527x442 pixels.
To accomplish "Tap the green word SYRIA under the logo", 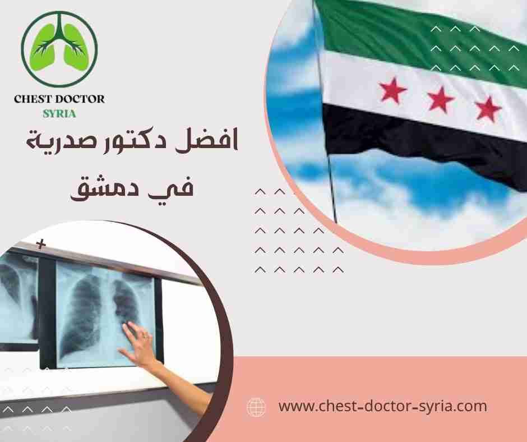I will pos(59,113).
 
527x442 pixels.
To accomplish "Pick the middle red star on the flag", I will pos(440,99).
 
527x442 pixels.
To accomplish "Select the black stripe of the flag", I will pos(415,132).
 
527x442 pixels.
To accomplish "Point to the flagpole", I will pos(330,168).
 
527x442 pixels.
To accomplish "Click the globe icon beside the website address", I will pos(256,406).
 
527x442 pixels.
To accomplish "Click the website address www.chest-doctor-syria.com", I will pos(382,406).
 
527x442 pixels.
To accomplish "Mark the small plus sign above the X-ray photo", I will pos(40,245).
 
